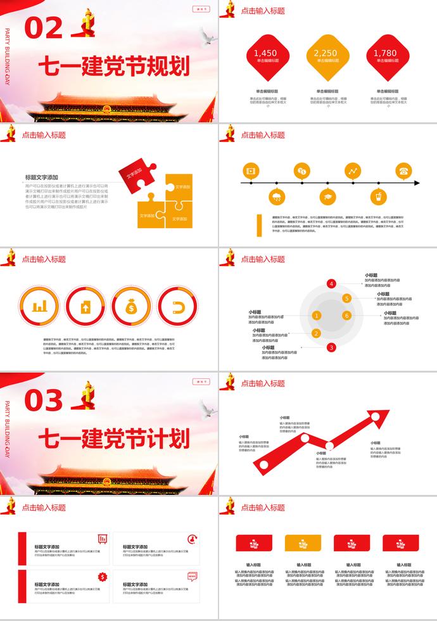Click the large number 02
[x=44, y=28]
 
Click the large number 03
[x=44, y=400]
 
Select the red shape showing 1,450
[x=265, y=56]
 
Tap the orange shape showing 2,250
[x=326, y=56]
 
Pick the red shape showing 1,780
[x=385, y=56]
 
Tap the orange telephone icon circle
[x=403, y=170]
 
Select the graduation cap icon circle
[x=327, y=196]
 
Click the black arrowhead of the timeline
[x=415, y=183]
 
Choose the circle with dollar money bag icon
[x=130, y=308]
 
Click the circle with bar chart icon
[x=40, y=308]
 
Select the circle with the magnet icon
[x=177, y=308]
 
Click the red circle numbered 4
[x=332, y=284]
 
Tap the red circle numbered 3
[x=331, y=347]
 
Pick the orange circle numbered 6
[x=346, y=316]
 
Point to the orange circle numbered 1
[x=316, y=316]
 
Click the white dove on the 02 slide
[x=205, y=38]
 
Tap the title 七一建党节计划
[x=114, y=439]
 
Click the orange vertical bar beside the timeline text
[x=259, y=225]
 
